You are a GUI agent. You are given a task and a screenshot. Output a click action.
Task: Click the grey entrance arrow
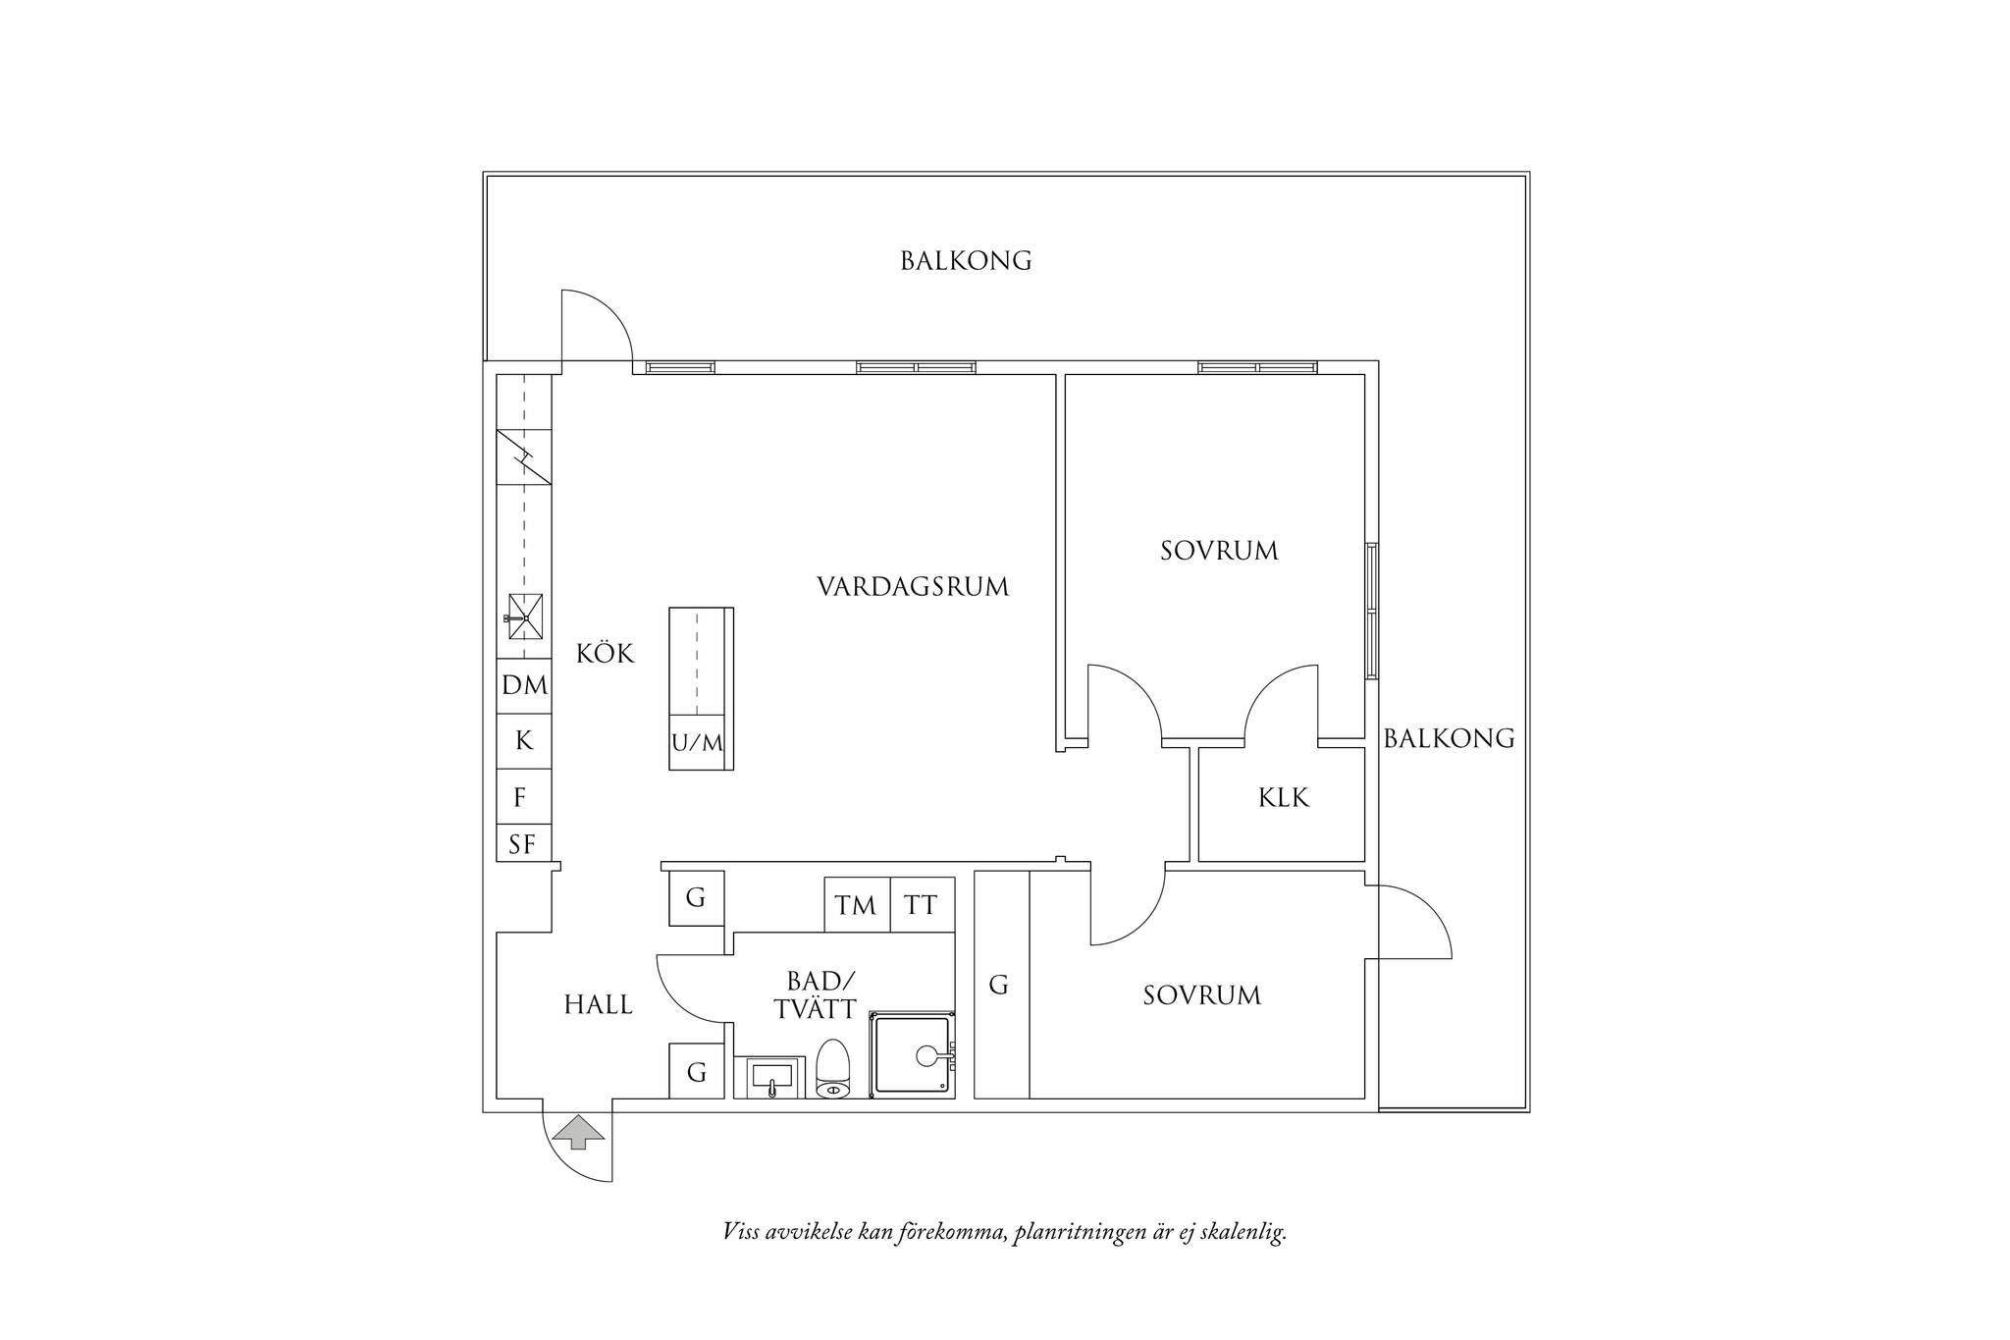pyautogui.click(x=578, y=1131)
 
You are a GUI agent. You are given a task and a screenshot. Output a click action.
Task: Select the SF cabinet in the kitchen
pyautogui.click(x=524, y=843)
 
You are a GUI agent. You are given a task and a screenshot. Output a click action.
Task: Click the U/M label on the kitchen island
pyautogui.click(x=697, y=743)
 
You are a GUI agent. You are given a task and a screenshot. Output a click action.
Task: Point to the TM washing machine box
pyautogui.click(x=857, y=904)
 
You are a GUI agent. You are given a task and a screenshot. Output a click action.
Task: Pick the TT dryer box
pyautogui.click(x=923, y=904)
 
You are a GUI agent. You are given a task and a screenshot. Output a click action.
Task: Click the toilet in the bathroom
pyautogui.click(x=832, y=1068)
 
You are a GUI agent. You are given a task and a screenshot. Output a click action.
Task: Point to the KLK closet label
pyautogui.click(x=1284, y=798)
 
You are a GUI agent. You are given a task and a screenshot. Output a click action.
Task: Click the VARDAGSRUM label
pyautogui.click(x=913, y=587)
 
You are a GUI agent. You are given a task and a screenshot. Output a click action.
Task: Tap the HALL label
pyautogui.click(x=598, y=1005)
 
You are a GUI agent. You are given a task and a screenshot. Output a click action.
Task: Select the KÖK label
pyautogui.click(x=606, y=653)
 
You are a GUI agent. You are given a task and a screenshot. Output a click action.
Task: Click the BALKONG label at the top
pyautogui.click(x=966, y=261)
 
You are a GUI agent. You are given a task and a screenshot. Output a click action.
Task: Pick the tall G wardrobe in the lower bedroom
pyautogui.click(x=1001, y=985)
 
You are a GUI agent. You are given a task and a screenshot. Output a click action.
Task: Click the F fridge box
pyautogui.click(x=524, y=797)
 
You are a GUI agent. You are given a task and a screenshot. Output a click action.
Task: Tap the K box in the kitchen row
pyautogui.click(x=524, y=741)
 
